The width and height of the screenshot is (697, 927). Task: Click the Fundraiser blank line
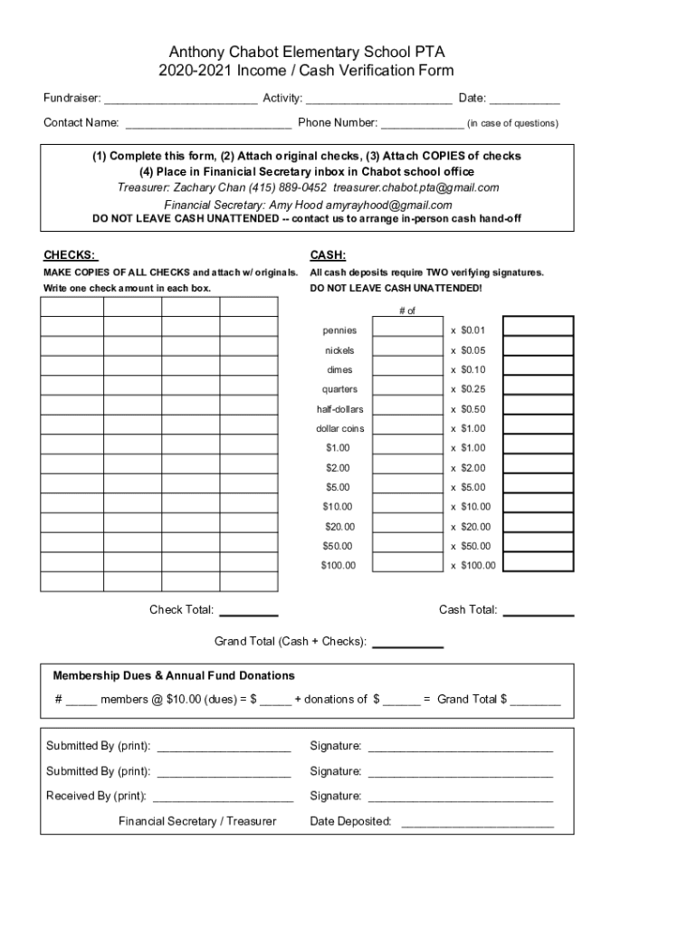click(x=181, y=100)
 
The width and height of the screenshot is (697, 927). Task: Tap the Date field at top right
click(x=525, y=100)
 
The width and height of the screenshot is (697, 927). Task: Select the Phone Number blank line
click(x=422, y=124)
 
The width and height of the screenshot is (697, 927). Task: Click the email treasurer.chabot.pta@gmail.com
click(x=415, y=187)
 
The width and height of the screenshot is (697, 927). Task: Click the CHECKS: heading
click(x=71, y=255)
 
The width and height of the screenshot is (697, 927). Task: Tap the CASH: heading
click(x=328, y=255)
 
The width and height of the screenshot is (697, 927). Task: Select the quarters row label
click(x=339, y=389)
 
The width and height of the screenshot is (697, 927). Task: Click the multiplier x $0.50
click(x=468, y=409)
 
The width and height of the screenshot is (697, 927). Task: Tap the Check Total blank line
click(x=249, y=612)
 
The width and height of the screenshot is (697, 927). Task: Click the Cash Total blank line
click(x=538, y=612)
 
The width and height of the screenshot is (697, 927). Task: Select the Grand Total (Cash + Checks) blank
click(x=407, y=644)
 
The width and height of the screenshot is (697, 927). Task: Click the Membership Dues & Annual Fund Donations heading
click(x=174, y=675)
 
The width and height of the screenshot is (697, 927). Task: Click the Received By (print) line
click(x=223, y=798)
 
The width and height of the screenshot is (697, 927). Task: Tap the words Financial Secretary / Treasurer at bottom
click(x=197, y=821)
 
